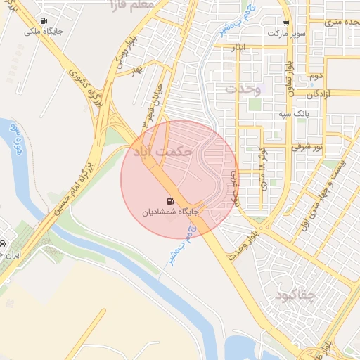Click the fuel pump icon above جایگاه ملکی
[x=45, y=20]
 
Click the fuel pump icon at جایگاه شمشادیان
[x=172, y=200]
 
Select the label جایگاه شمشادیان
[x=172, y=211]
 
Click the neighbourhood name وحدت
[x=243, y=89]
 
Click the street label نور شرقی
[x=308, y=147]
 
